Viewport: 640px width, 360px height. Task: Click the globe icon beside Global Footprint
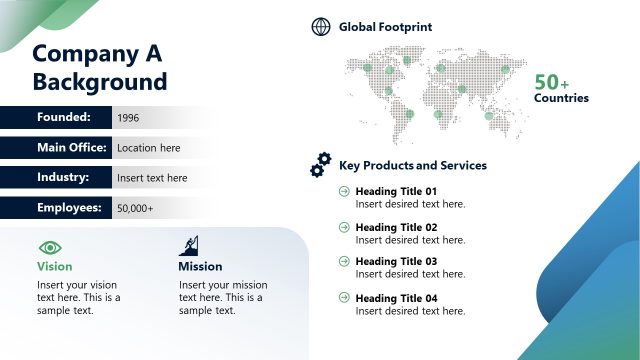321,27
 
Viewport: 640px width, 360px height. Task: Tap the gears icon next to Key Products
321,165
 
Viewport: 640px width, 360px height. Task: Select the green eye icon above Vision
50,246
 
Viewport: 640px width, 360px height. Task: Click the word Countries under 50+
561,98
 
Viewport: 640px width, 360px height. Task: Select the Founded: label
64,117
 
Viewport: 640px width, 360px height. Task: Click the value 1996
128,118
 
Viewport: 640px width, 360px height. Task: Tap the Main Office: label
72,147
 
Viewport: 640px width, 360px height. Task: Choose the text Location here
149,148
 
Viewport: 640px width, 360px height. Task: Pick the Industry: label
64,177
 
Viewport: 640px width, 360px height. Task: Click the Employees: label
70,207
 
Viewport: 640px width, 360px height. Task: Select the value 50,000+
135,208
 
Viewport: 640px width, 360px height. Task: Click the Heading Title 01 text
396,191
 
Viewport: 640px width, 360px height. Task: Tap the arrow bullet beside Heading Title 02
345,227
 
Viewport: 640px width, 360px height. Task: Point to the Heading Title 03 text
396,261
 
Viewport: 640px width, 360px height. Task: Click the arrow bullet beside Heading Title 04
345,298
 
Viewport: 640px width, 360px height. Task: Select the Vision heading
55,267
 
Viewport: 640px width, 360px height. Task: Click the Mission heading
200,267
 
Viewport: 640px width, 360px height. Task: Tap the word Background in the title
100,82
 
